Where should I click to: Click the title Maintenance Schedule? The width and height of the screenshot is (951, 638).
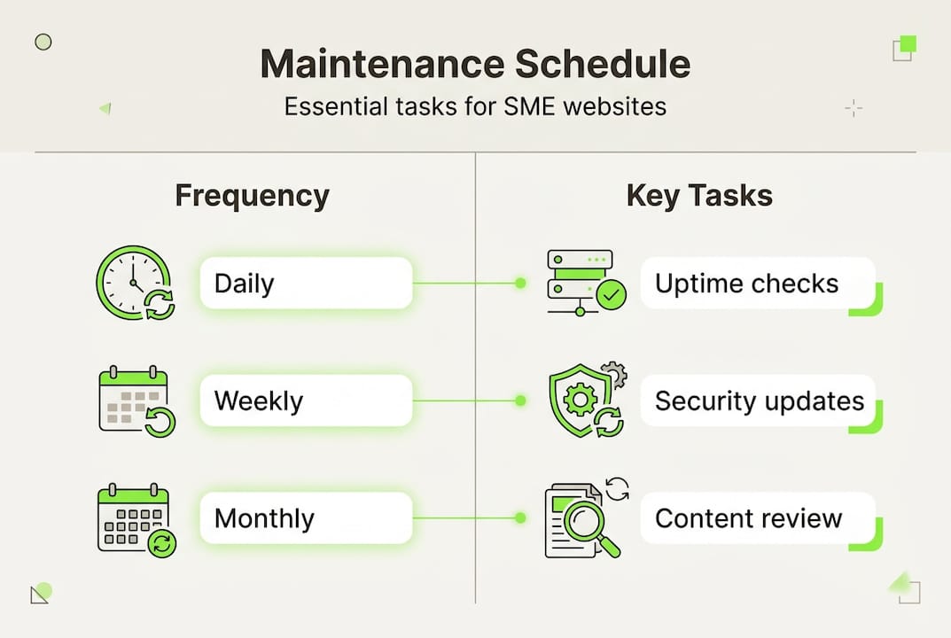(x=475, y=65)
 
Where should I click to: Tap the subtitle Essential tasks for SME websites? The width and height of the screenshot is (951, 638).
(x=475, y=107)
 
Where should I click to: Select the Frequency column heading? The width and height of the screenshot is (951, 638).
(x=252, y=195)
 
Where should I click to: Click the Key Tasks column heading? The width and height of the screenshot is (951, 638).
(x=699, y=195)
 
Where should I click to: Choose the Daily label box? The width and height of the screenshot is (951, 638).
(x=306, y=284)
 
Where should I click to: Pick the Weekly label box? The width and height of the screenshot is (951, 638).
(x=306, y=401)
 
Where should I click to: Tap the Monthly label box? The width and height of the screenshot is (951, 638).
(x=306, y=518)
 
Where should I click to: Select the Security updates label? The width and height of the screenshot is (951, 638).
(x=759, y=401)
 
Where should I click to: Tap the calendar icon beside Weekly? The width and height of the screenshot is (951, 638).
(x=136, y=401)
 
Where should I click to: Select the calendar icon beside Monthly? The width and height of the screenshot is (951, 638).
(x=136, y=519)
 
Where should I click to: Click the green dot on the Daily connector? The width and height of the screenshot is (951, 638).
(x=520, y=284)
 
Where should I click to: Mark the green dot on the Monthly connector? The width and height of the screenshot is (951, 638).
(x=520, y=518)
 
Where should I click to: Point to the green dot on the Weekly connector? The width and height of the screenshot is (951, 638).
(x=520, y=401)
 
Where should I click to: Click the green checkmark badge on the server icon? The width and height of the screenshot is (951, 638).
(x=611, y=296)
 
